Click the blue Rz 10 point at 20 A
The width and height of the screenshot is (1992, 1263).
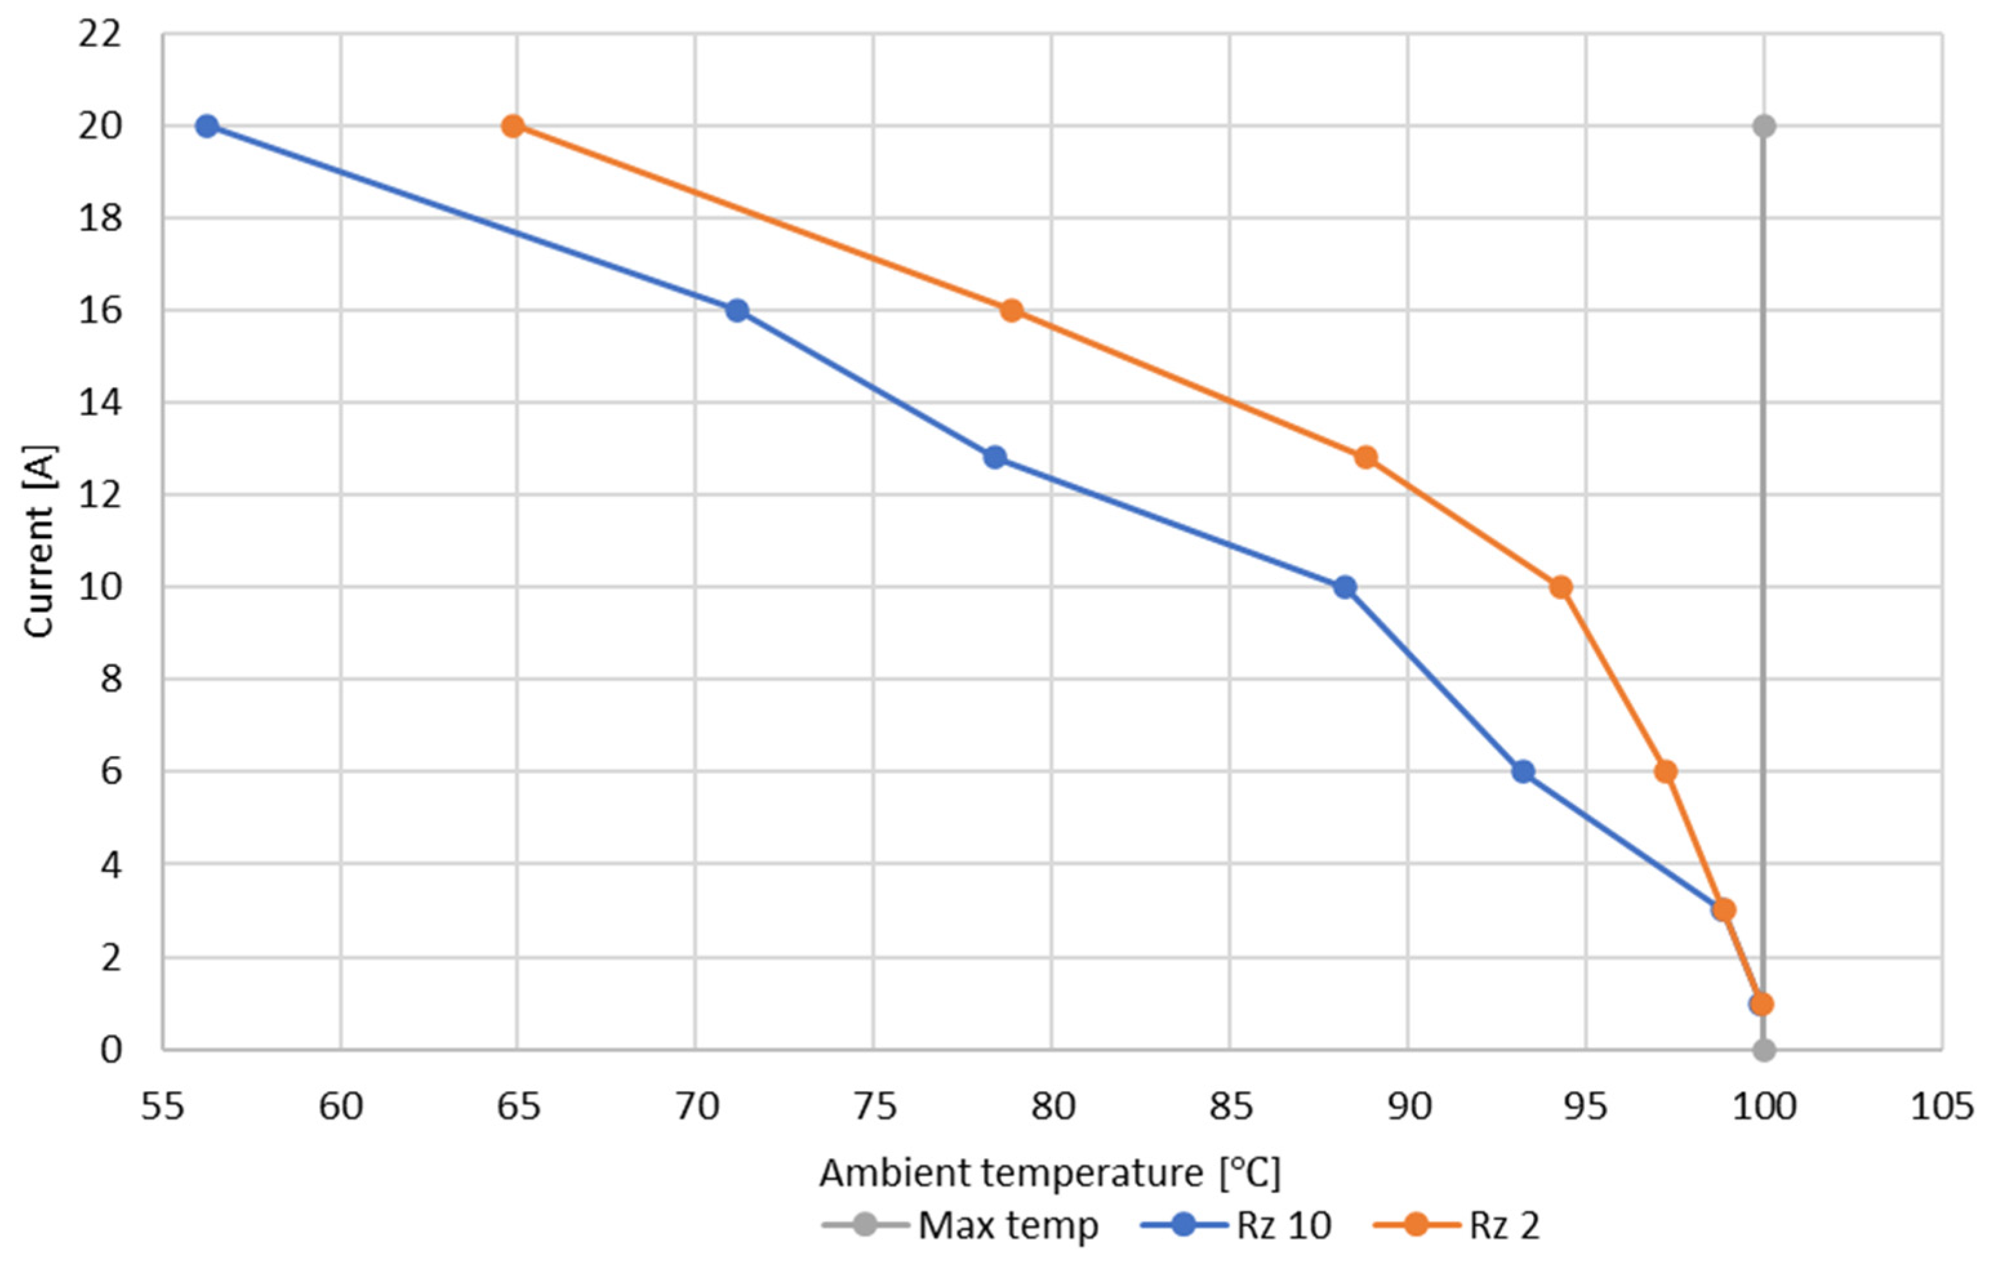[207, 126]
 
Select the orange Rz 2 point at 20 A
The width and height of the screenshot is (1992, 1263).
[513, 126]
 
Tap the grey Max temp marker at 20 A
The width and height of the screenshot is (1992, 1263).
[1763, 126]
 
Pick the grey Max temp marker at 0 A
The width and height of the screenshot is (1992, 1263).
[1763, 1050]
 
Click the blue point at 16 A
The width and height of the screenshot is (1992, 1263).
[737, 311]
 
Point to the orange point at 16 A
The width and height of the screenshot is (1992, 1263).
[1011, 311]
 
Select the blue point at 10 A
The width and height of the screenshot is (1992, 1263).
[1345, 587]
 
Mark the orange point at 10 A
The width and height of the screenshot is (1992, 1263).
[1560, 587]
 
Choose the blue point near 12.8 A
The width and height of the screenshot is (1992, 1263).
[995, 458]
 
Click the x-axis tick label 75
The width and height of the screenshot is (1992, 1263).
[874, 1106]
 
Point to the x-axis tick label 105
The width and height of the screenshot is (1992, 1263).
[1942, 1106]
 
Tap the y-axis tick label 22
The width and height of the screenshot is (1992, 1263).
[99, 35]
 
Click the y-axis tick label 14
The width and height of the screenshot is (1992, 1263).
[99, 403]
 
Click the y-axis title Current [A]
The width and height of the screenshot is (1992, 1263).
[38, 542]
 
